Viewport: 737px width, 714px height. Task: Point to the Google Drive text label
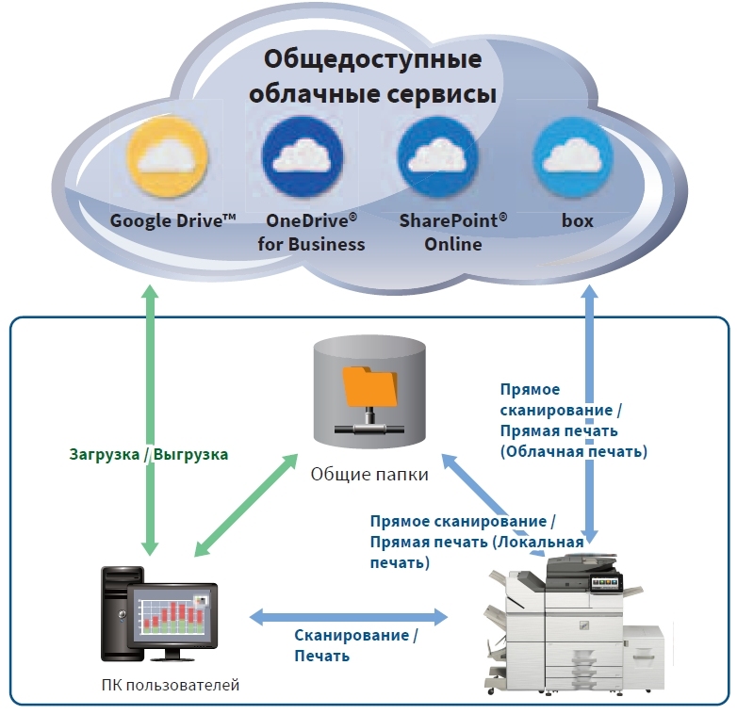172,221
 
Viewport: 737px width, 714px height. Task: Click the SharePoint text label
452,221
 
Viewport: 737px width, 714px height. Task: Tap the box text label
577,221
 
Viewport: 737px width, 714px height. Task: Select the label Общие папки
369,474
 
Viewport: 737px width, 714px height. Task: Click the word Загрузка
105,453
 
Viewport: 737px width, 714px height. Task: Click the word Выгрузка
191,453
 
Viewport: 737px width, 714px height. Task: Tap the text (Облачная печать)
573,451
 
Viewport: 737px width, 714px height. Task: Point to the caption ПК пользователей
170,685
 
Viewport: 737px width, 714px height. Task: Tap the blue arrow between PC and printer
349,618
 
